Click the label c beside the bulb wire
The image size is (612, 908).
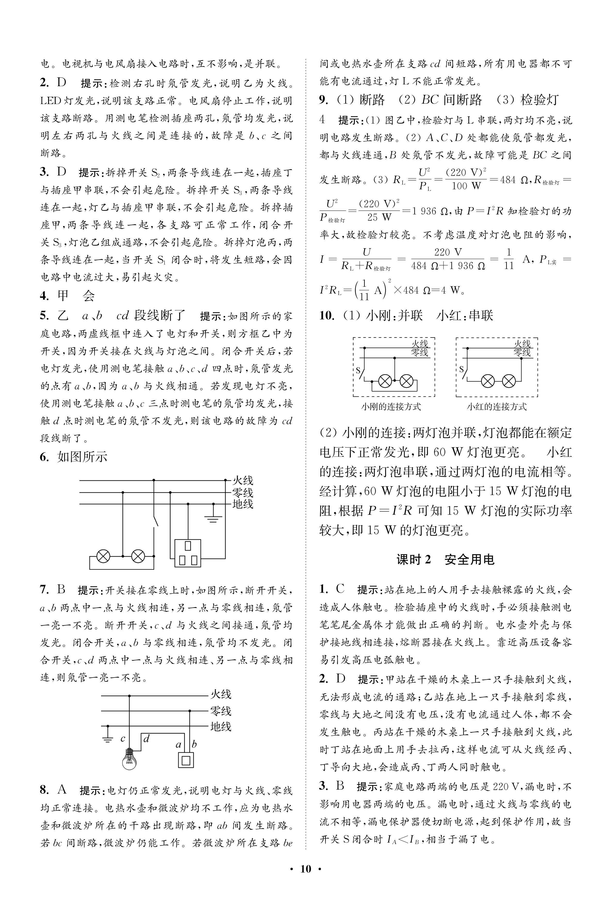coord(122,738)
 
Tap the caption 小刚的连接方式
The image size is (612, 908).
coord(391,407)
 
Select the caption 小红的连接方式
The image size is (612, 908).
coord(497,407)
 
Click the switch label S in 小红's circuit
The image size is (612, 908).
coord(461,369)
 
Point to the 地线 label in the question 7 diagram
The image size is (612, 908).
coord(220,726)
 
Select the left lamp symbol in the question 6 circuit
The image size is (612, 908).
coord(103,556)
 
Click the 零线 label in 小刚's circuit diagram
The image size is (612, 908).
coord(420,353)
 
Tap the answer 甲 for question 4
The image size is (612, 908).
coord(63,296)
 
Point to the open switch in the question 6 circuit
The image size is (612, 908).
coord(156,521)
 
